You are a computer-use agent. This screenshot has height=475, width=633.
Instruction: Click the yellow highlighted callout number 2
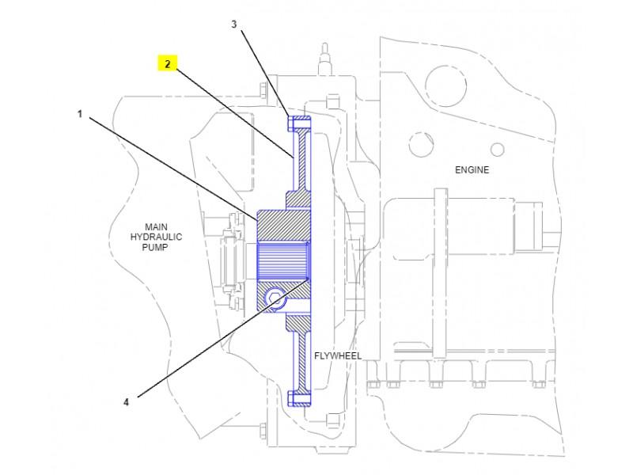coord(167,63)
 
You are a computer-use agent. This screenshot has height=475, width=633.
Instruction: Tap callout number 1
coord(79,114)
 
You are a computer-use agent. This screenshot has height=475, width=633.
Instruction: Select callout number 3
coord(234,24)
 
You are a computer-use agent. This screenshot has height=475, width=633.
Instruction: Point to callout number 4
coord(126,401)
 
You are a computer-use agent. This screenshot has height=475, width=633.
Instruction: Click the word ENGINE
coord(472,169)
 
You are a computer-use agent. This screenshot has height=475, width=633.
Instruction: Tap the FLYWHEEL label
coord(338,355)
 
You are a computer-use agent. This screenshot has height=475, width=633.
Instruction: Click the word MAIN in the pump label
coord(155,226)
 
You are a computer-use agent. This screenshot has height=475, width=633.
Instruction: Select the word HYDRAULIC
coord(155,236)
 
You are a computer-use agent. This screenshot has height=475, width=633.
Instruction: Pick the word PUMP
coord(155,246)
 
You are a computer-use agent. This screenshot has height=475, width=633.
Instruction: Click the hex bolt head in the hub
coord(273,298)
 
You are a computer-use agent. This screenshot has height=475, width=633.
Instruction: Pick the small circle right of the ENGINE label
coord(498,149)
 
